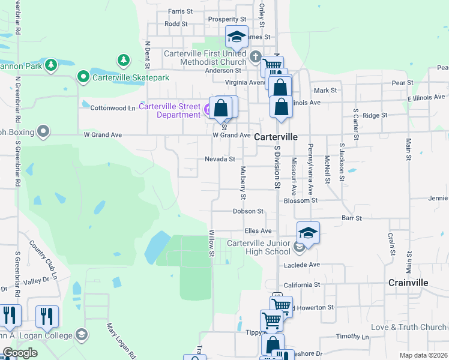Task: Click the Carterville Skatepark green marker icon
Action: click(83, 77)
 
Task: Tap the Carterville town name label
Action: click(276, 137)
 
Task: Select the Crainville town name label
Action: click(408, 282)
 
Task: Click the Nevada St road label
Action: click(220, 159)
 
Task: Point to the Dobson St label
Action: click(249, 211)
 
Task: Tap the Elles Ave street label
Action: click(258, 230)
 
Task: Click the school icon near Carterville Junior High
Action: click(308, 233)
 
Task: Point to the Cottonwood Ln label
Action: click(113, 108)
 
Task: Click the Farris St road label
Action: click(180, 11)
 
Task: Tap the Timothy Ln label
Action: click(348, 336)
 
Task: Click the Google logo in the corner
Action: click(20, 353)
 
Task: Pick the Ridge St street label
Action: click(375, 115)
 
